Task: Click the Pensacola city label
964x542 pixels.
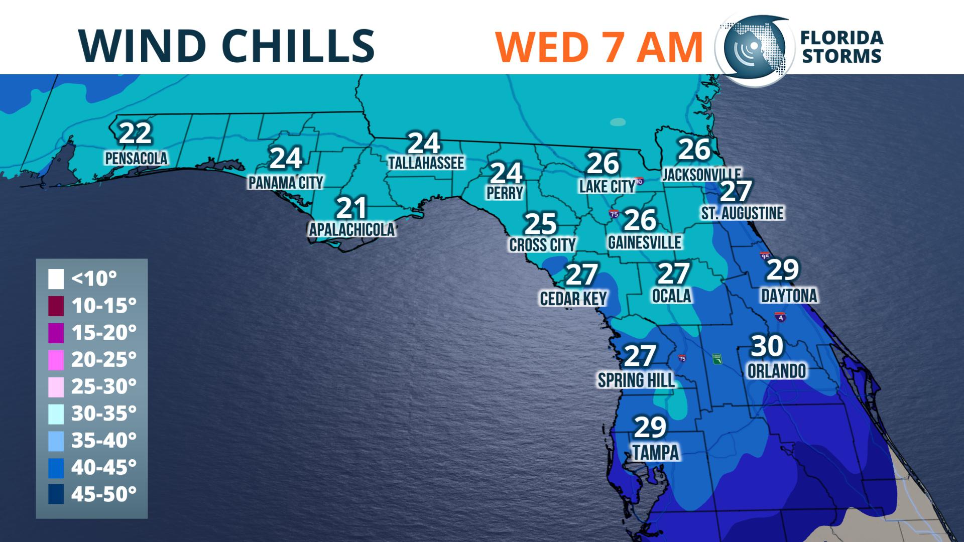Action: click(x=136, y=159)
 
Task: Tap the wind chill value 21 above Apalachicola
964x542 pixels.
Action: click(x=351, y=208)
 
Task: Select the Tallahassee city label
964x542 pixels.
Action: click(x=426, y=163)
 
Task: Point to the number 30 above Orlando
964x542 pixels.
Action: click(x=767, y=346)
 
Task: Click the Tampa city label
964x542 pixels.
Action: click(x=656, y=453)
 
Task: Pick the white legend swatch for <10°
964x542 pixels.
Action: click(x=56, y=279)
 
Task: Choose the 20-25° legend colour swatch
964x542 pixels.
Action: click(x=56, y=360)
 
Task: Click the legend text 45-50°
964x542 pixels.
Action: click(x=104, y=494)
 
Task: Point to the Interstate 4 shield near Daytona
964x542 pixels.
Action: click(x=780, y=318)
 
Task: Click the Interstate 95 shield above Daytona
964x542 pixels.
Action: click(x=765, y=257)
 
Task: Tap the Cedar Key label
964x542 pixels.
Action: click(x=573, y=299)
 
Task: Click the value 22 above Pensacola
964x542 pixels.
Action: click(x=136, y=133)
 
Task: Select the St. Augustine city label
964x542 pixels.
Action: click(x=742, y=213)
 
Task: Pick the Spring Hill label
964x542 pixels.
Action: click(x=636, y=380)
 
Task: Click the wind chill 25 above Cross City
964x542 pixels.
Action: click(x=540, y=224)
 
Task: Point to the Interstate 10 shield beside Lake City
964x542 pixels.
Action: click(x=639, y=181)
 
